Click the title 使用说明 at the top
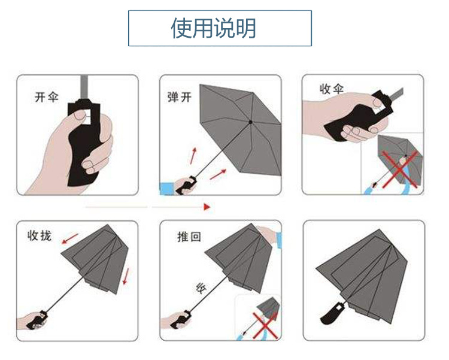click(219, 28)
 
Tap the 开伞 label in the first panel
click(47, 97)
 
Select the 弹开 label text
click(179, 96)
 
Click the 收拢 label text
click(40, 235)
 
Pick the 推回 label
click(189, 236)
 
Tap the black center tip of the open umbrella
click(250, 122)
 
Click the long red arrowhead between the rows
click(207, 207)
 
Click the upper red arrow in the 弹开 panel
click(193, 155)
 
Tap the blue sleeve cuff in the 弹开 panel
click(166, 189)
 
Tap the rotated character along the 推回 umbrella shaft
click(201, 288)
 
